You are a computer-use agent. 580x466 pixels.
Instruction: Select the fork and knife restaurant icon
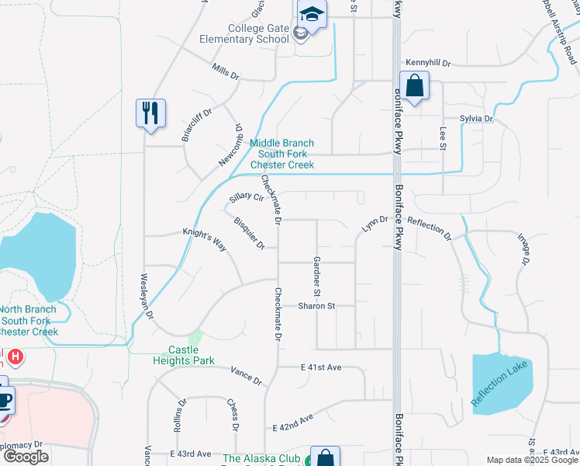click(150, 113)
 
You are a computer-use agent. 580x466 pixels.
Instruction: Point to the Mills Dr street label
click(226, 72)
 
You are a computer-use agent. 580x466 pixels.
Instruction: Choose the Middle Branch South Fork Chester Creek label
click(281, 154)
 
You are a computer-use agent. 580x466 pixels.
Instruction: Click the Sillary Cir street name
click(247, 199)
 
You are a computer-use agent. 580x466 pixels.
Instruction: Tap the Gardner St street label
click(316, 276)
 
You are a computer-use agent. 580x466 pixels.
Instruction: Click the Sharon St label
click(317, 306)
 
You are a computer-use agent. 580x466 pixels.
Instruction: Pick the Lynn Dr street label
click(374, 225)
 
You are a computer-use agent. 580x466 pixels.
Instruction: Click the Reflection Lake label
click(503, 383)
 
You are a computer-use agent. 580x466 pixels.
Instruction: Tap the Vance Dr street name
click(247, 377)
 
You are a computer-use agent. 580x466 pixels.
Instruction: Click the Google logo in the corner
click(26, 457)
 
